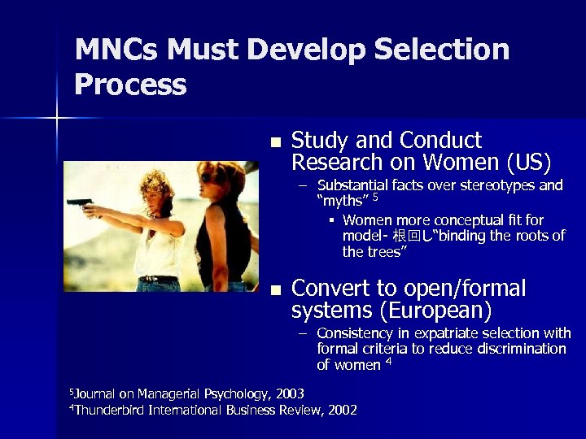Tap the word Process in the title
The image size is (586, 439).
click(x=130, y=85)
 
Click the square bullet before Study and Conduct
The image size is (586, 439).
click(x=275, y=142)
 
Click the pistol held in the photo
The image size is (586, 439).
click(x=80, y=203)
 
